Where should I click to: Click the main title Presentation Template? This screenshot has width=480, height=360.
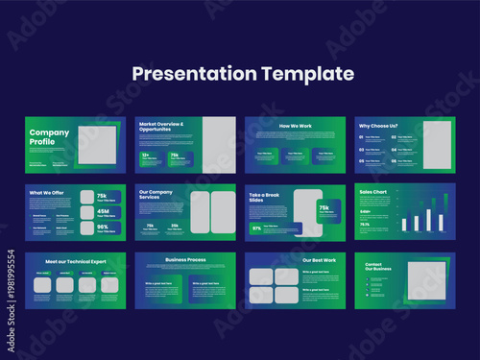[243, 74]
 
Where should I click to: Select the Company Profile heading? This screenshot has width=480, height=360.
[49, 138]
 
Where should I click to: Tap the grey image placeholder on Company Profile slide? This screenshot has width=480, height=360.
[96, 145]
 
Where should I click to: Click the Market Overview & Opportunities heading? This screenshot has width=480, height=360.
[161, 126]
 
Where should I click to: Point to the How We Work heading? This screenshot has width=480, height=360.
[295, 126]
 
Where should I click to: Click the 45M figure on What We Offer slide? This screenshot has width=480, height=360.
[102, 212]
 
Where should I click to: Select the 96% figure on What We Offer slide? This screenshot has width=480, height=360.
[102, 228]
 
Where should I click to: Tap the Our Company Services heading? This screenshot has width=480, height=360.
[156, 195]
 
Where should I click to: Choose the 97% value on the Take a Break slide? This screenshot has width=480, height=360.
[257, 228]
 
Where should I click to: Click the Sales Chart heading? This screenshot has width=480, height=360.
[373, 191]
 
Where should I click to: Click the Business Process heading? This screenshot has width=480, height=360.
[185, 259]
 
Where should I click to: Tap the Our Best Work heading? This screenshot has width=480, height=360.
[320, 259]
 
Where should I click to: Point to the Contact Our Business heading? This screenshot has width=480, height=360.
[379, 266]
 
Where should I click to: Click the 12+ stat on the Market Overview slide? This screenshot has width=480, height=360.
[146, 155]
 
